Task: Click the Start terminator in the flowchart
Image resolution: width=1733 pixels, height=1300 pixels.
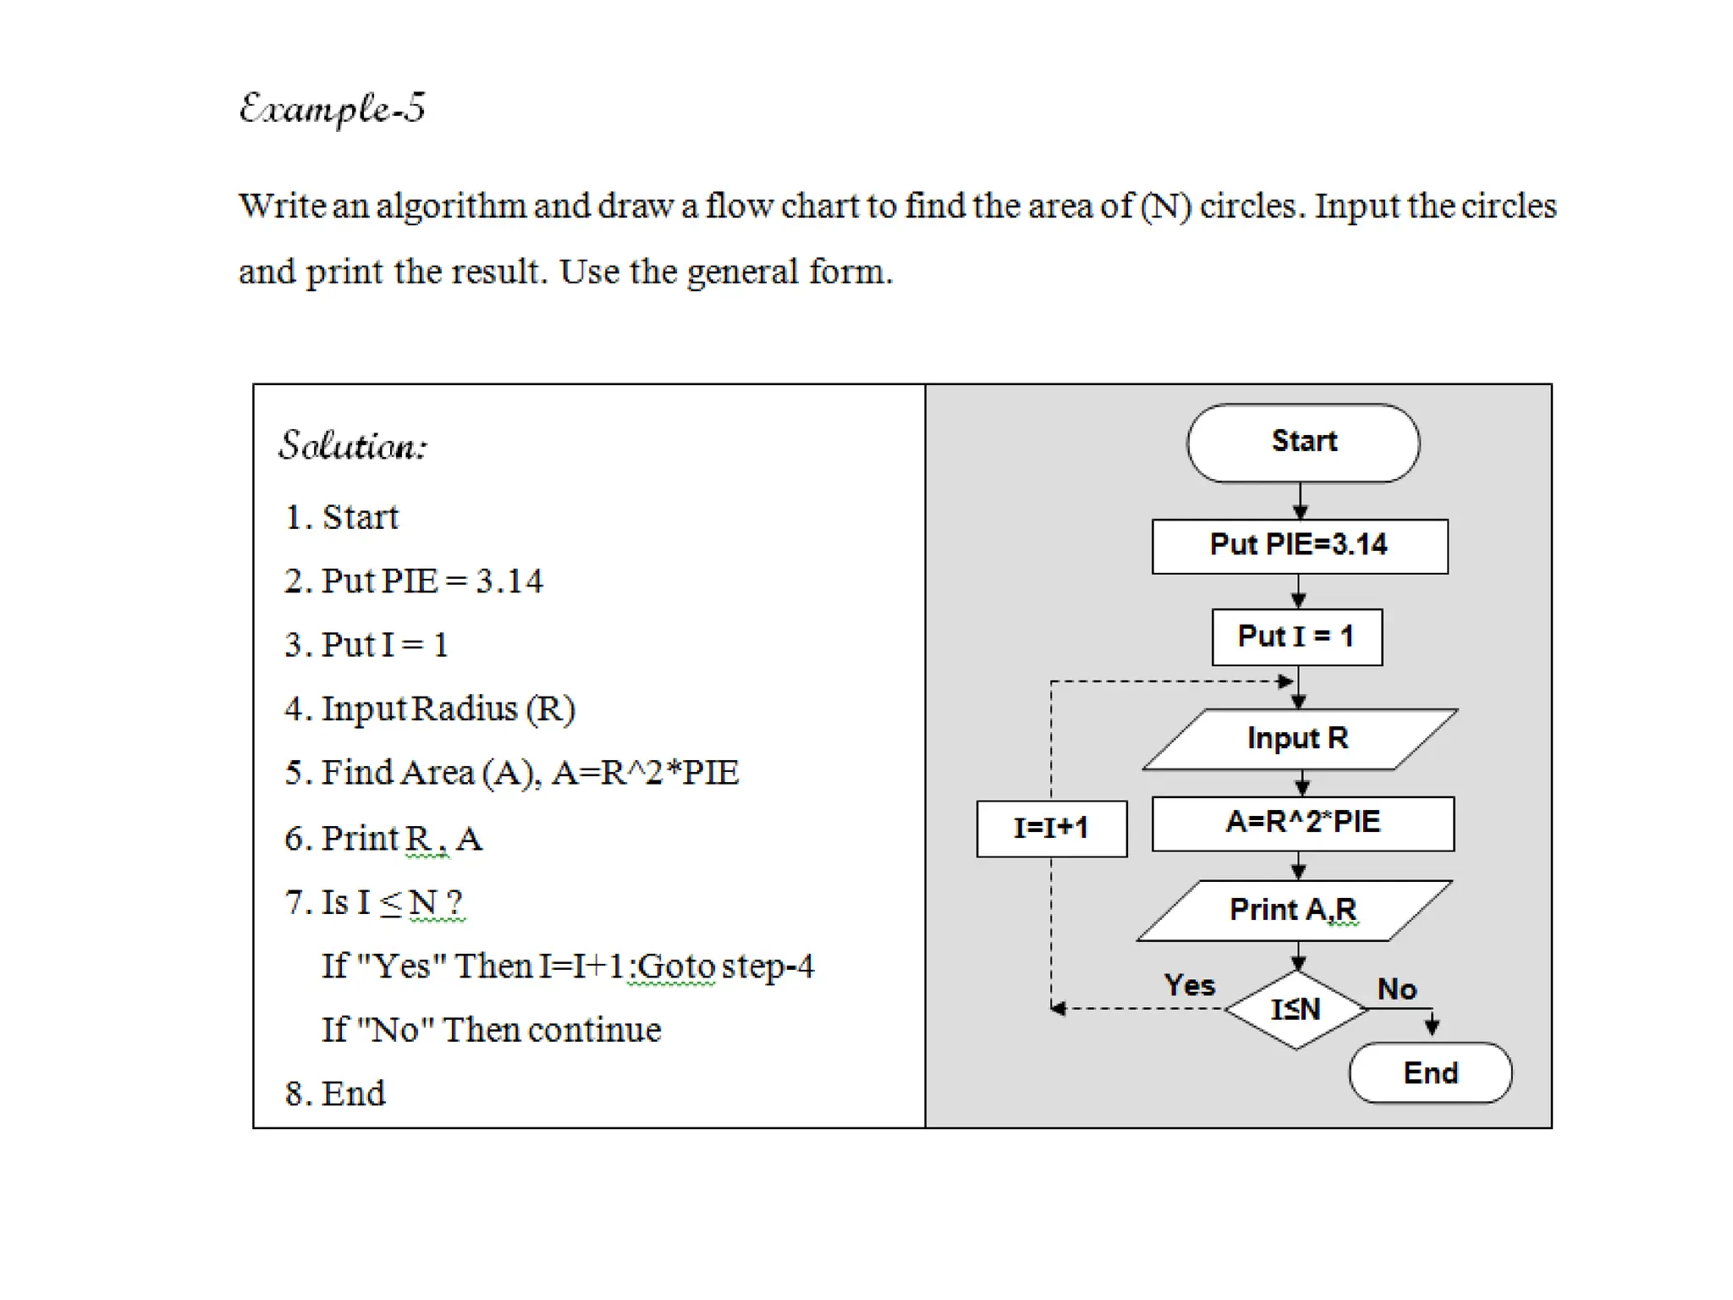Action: (x=1302, y=443)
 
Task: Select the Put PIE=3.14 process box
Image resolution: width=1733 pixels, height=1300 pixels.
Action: (x=1299, y=546)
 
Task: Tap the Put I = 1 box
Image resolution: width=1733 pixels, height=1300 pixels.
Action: (x=1296, y=636)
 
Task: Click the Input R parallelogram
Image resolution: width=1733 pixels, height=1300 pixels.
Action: (x=1298, y=739)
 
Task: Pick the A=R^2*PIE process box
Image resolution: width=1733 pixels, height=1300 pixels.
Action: (x=1302, y=823)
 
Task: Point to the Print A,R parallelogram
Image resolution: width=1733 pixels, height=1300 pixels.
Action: (x=1294, y=911)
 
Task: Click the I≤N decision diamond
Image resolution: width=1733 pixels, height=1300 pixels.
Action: (x=1296, y=1009)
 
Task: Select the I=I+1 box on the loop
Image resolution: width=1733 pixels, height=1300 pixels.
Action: (x=1051, y=828)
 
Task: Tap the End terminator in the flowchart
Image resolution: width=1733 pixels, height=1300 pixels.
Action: (x=1430, y=1073)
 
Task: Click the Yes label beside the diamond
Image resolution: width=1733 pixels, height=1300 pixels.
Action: (x=1189, y=985)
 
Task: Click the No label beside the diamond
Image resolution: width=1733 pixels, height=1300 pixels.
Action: (x=1396, y=989)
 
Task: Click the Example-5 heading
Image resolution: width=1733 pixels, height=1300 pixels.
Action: (x=332, y=109)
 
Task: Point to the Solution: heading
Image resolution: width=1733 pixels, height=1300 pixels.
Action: (x=353, y=446)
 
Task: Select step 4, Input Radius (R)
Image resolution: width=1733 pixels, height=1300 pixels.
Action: (x=430, y=709)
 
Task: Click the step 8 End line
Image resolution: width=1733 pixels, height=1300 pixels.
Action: (x=335, y=1093)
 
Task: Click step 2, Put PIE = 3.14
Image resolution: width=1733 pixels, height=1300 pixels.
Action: (x=414, y=581)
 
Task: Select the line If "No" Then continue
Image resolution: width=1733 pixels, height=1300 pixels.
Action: (x=491, y=1030)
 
